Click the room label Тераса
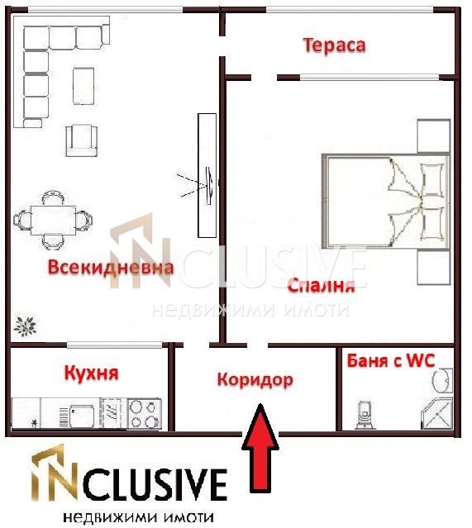point(334,45)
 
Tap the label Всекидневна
point(110,268)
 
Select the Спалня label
point(322,287)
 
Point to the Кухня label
point(91,373)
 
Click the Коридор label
point(255,379)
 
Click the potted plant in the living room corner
point(26,325)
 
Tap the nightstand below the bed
point(432,266)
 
